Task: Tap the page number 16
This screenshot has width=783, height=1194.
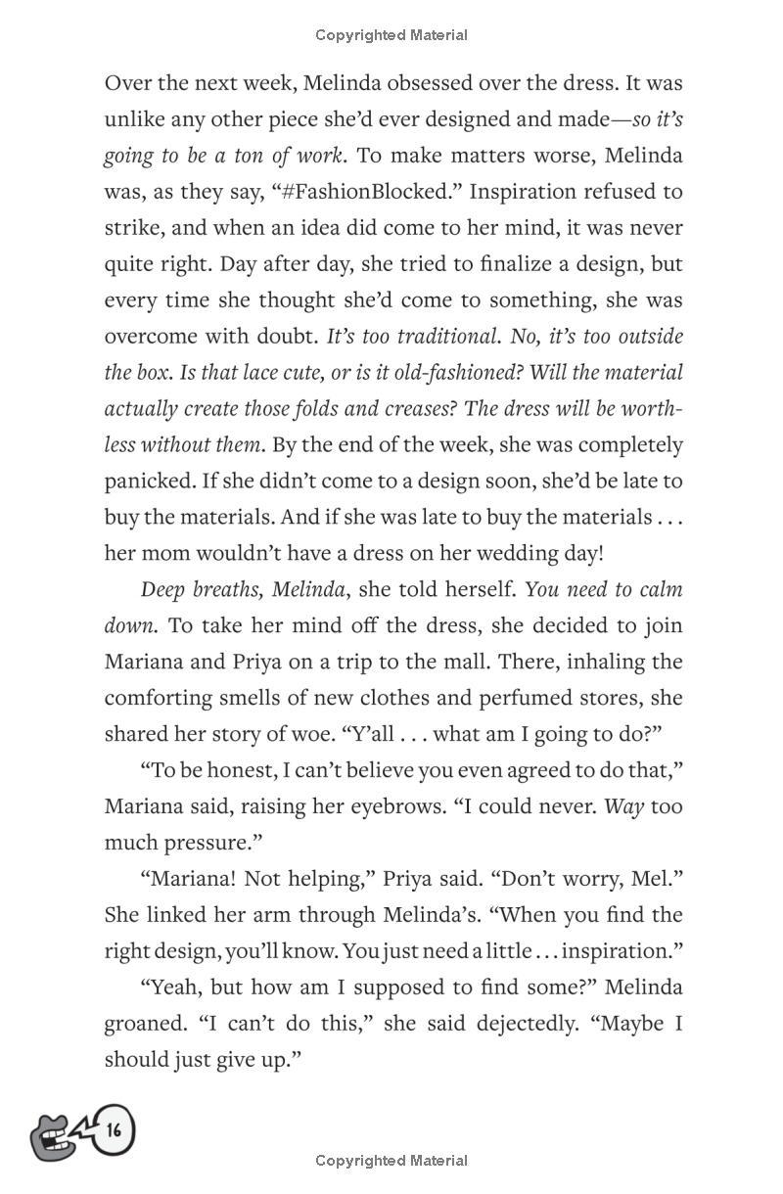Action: tap(115, 1131)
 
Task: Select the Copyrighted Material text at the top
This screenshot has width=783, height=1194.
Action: tap(391, 35)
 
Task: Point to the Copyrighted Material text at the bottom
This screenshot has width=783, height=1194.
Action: tap(391, 1161)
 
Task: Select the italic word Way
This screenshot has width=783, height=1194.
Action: tap(622, 807)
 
